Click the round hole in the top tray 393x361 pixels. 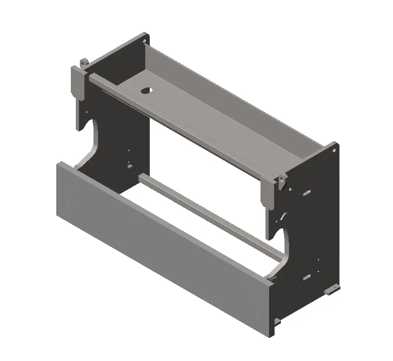tap(146, 90)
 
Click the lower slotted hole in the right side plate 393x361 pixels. tap(307, 276)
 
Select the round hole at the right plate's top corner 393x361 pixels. tap(334, 147)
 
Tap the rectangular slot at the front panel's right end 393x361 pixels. tap(257, 304)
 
